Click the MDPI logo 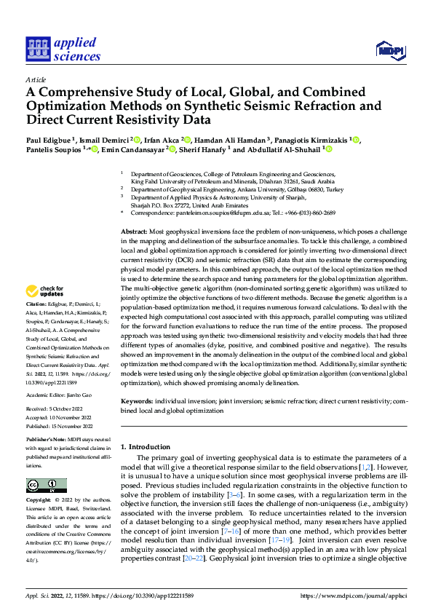(x=389, y=50)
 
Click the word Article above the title (x=35, y=79)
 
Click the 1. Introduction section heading (x=146, y=446)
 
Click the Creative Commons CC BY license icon (x=42, y=486)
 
